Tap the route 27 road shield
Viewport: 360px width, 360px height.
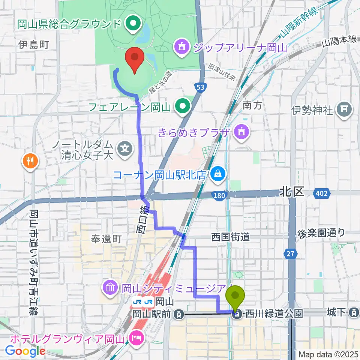click(290, 254)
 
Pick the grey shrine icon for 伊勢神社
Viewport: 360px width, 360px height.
click(343, 110)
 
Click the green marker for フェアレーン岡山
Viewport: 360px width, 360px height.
click(183, 106)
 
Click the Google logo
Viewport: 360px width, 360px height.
click(25, 351)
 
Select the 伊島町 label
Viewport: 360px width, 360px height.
click(33, 45)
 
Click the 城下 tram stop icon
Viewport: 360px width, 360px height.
click(353, 312)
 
